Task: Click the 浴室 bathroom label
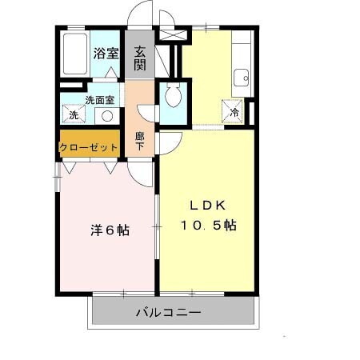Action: pyautogui.click(x=106, y=54)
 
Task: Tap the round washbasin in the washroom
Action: pyautogui.click(x=105, y=115)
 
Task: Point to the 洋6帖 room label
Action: pyautogui.click(x=109, y=230)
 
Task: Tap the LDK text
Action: pyautogui.click(x=206, y=204)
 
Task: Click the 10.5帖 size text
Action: pyautogui.click(x=206, y=226)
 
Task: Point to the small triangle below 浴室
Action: pyautogui.click(x=110, y=72)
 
